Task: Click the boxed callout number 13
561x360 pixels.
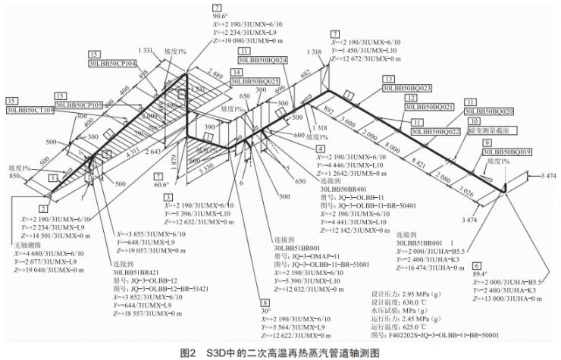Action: [388, 79]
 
